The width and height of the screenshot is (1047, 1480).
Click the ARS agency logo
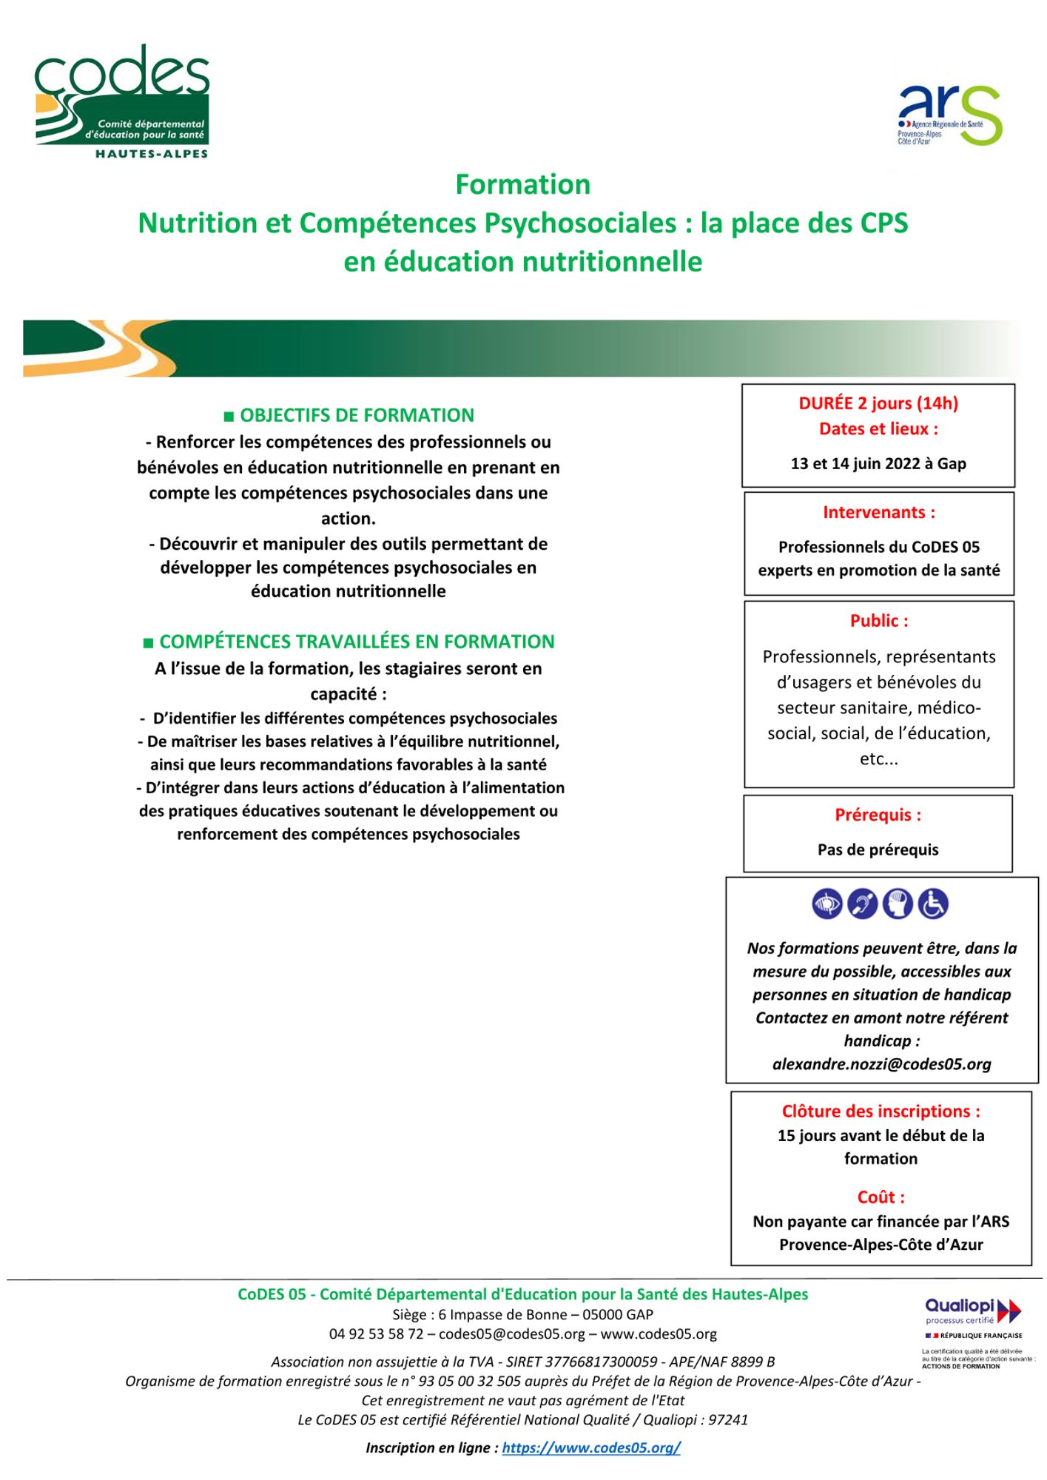pos(950,115)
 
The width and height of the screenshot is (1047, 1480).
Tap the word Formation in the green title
pos(522,184)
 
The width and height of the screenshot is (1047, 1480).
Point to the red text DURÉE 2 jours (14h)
pos(878,403)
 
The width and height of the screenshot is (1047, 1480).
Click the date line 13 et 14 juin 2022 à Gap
pos(878,463)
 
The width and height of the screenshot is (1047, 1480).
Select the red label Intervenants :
pos(878,512)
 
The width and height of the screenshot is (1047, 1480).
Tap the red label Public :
pos(878,621)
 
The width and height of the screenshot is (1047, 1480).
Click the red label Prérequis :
pos(878,815)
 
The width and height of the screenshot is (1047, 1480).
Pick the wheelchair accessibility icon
pos(933,904)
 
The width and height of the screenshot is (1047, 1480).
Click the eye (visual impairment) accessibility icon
pos(827,904)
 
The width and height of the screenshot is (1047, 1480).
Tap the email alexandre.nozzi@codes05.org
pos(881,1064)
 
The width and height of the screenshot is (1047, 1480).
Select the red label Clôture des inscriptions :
pos(881,1111)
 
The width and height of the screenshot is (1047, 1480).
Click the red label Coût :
pos(881,1197)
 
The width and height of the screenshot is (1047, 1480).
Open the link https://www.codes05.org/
pos(591,1447)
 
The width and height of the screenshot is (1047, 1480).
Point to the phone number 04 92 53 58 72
pos(376,1333)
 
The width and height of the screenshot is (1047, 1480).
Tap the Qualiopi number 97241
pos(728,1419)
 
